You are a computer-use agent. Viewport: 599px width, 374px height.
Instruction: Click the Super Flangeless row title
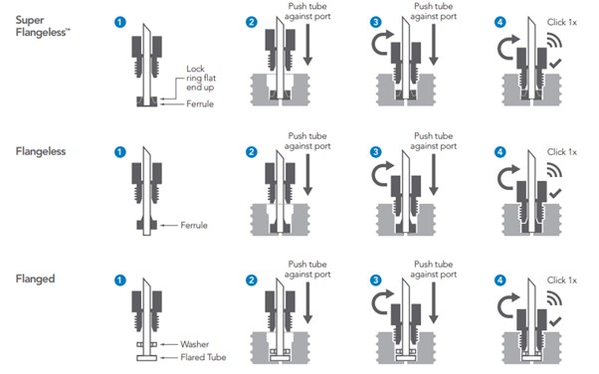[x=43, y=26]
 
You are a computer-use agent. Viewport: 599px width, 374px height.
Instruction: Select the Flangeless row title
[x=41, y=151]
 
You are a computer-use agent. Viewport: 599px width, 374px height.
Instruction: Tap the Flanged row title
[x=35, y=279]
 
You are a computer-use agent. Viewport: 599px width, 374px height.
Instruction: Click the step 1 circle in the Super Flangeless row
[x=120, y=22]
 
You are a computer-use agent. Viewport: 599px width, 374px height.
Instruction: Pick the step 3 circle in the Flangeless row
[x=376, y=152]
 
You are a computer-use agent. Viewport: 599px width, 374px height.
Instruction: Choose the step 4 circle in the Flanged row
[x=500, y=280]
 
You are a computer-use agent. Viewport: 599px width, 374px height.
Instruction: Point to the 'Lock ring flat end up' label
[x=201, y=78]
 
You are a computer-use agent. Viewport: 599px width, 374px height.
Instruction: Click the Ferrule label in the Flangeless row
[x=194, y=225]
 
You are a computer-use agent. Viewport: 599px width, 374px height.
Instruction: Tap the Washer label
[x=195, y=344]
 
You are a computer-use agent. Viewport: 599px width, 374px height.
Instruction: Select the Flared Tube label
[x=203, y=357]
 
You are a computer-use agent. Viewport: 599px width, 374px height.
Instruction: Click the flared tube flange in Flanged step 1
[x=147, y=358]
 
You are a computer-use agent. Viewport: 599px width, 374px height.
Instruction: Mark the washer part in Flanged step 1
[x=147, y=344]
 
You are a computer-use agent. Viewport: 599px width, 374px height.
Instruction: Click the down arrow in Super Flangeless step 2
[x=307, y=45]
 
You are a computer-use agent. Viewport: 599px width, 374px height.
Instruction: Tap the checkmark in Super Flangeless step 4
[x=555, y=64]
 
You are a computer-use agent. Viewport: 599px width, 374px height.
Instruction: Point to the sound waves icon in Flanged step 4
[x=554, y=298]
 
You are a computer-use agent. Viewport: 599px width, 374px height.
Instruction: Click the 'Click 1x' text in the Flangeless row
[x=562, y=152]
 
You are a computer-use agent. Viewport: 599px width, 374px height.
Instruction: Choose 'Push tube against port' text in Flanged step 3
[x=434, y=269]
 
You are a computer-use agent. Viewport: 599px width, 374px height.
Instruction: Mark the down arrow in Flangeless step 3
[x=434, y=175]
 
